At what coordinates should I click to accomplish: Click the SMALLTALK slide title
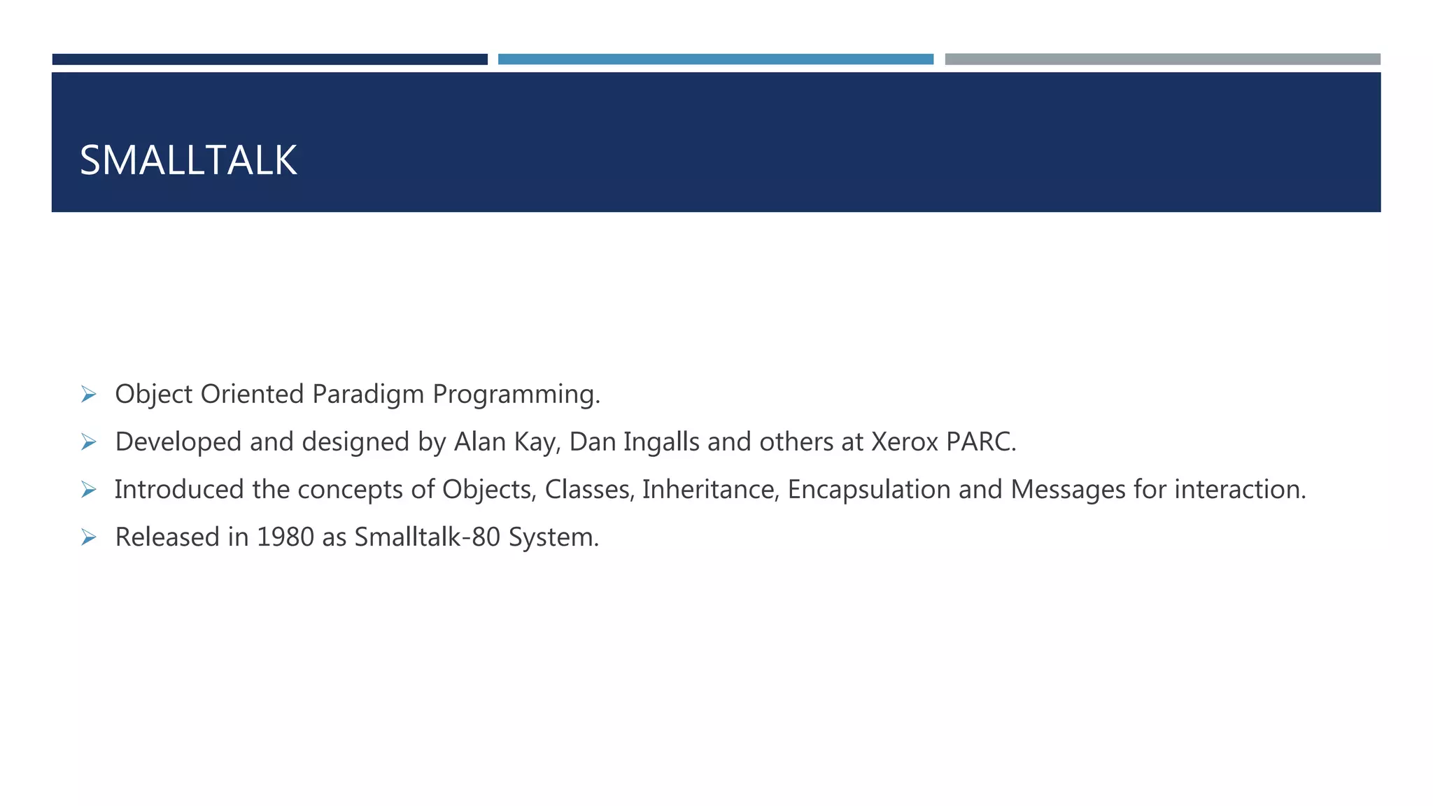click(x=188, y=160)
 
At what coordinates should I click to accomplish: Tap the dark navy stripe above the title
click(x=269, y=59)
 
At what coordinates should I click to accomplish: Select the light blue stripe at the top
click(x=715, y=59)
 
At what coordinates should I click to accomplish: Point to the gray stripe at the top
click(x=1162, y=59)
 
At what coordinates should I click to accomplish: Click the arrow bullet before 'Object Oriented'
click(x=88, y=395)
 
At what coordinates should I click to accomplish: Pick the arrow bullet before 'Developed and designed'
click(x=88, y=442)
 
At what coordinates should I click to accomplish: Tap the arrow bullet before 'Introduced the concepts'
click(x=88, y=490)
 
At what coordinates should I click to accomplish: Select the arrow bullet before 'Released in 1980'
click(x=88, y=537)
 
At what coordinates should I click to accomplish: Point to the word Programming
click(x=516, y=395)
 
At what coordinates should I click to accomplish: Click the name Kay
click(x=537, y=442)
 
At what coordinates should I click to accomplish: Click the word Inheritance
click(x=710, y=490)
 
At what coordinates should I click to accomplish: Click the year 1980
click(x=285, y=537)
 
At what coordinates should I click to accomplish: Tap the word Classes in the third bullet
click(x=589, y=490)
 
